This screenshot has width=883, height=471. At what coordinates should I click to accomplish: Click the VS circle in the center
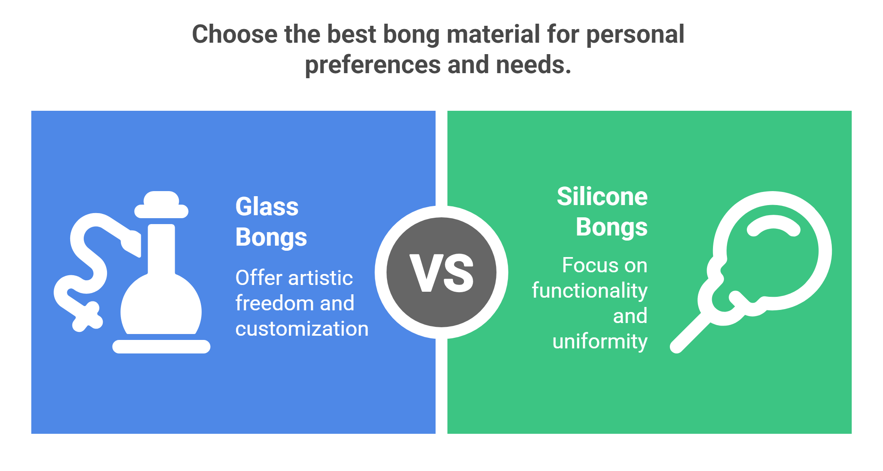click(441, 272)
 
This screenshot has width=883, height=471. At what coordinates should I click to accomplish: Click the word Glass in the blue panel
click(267, 207)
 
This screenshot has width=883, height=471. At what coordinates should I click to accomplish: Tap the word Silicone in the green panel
click(602, 197)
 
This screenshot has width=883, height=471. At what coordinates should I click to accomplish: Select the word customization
click(302, 329)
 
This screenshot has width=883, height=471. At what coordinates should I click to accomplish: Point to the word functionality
click(590, 290)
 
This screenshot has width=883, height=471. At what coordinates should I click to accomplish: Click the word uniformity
click(600, 341)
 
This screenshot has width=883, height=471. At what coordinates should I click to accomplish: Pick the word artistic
click(321, 278)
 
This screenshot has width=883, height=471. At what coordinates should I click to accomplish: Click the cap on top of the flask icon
click(161, 205)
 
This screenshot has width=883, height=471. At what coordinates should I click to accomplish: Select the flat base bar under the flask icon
click(161, 347)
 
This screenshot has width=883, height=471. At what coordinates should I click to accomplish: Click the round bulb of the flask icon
click(161, 304)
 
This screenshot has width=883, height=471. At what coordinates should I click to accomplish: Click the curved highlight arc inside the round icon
click(773, 226)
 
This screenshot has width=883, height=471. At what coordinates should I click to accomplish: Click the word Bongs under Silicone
click(612, 227)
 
